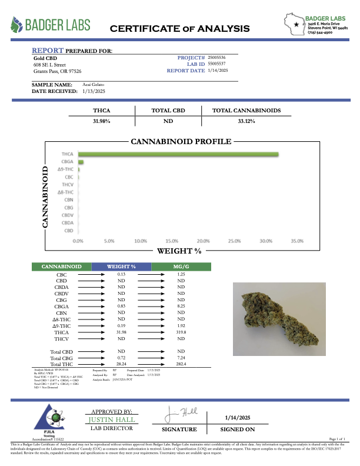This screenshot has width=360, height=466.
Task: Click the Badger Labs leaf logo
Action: (17, 25)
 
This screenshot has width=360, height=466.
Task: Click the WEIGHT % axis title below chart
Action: (179, 251)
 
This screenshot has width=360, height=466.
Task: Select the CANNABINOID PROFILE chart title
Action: (181, 142)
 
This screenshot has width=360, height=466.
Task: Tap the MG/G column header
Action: (181, 267)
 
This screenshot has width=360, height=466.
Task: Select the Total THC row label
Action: (62, 364)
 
